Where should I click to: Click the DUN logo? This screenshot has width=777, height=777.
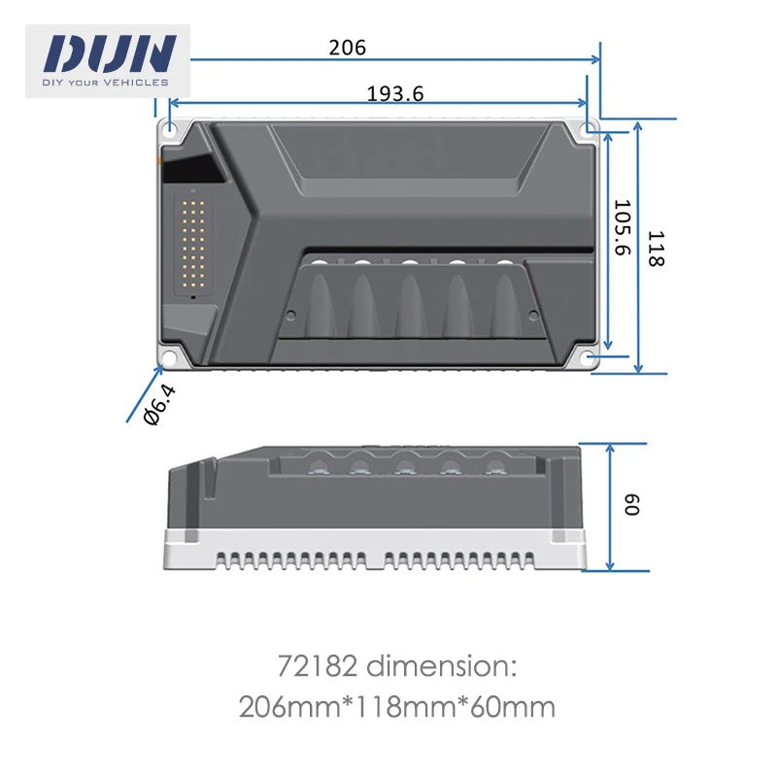click(x=108, y=53)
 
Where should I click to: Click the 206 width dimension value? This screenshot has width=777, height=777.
click(x=348, y=47)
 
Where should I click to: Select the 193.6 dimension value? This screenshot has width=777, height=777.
click(x=395, y=93)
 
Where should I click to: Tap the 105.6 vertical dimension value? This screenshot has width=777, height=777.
click(x=622, y=229)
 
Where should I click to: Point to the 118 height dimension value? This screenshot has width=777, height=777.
click(x=657, y=249)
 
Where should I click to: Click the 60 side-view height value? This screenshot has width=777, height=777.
click(x=631, y=506)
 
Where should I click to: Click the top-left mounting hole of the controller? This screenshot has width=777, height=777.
click(x=171, y=130)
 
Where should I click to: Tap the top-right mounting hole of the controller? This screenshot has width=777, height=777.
click(x=589, y=129)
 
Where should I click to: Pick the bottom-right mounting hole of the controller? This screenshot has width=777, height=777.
click(x=589, y=358)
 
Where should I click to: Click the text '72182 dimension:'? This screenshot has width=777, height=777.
click(x=397, y=668)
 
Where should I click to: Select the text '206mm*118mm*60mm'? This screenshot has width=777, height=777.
click(x=397, y=707)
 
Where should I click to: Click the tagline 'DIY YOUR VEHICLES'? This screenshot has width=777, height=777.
click(x=106, y=83)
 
